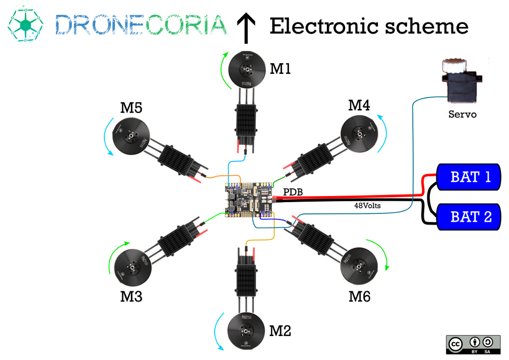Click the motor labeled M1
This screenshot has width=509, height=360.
pyautogui.click(x=246, y=69)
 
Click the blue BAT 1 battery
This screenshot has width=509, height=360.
pyautogui.click(x=469, y=177)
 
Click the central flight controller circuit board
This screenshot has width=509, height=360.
pyautogui.click(x=249, y=200)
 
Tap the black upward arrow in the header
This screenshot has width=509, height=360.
pyautogui.click(x=246, y=28)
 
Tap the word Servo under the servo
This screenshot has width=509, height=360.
pyautogui.click(x=462, y=114)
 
